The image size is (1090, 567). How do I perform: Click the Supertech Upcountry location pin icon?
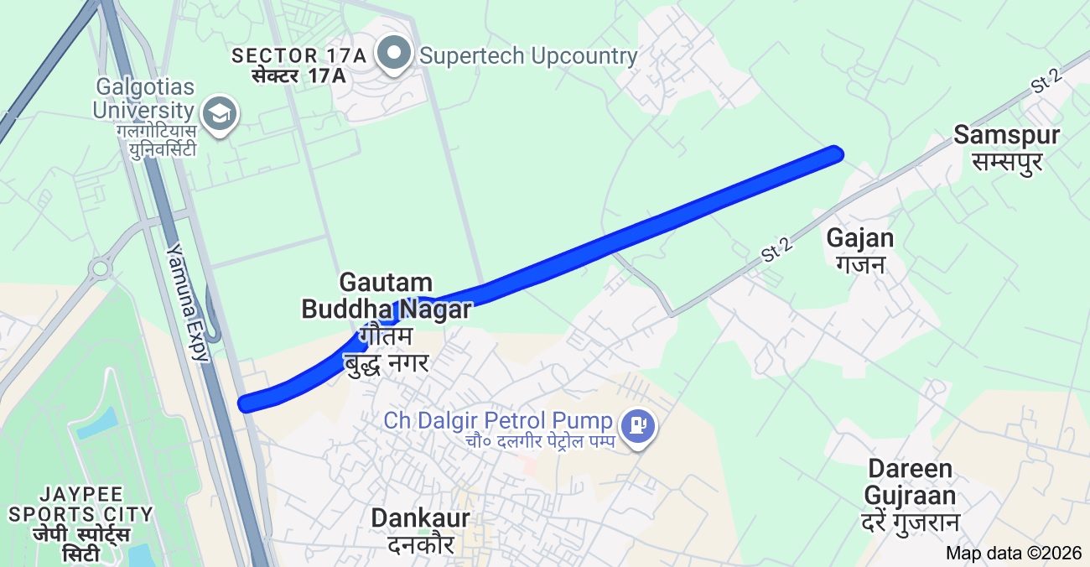[x=392, y=53]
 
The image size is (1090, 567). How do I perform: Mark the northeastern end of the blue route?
[x=834, y=153]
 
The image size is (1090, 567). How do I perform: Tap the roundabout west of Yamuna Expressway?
[x=101, y=268]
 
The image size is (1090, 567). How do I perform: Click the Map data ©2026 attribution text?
[x=1013, y=553]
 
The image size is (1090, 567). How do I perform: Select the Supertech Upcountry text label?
[x=528, y=56]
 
